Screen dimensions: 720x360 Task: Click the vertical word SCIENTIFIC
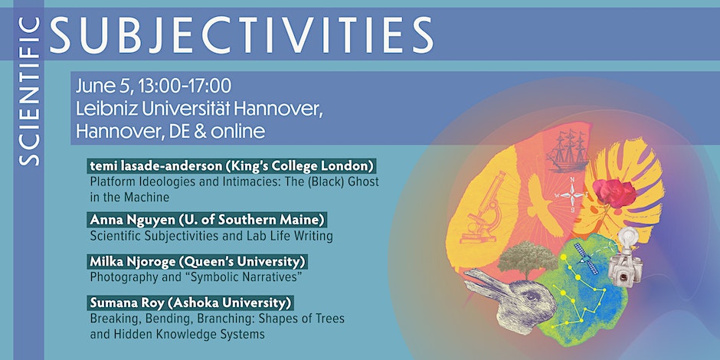(x=29, y=91)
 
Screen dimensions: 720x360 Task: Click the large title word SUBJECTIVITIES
(x=241, y=35)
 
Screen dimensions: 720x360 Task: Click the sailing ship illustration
(x=568, y=150)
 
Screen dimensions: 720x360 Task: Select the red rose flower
(x=614, y=193)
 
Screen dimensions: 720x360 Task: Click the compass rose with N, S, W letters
(x=572, y=195)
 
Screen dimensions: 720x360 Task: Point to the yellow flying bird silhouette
(x=543, y=204)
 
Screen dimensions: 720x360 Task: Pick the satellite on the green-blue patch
(x=587, y=259)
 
